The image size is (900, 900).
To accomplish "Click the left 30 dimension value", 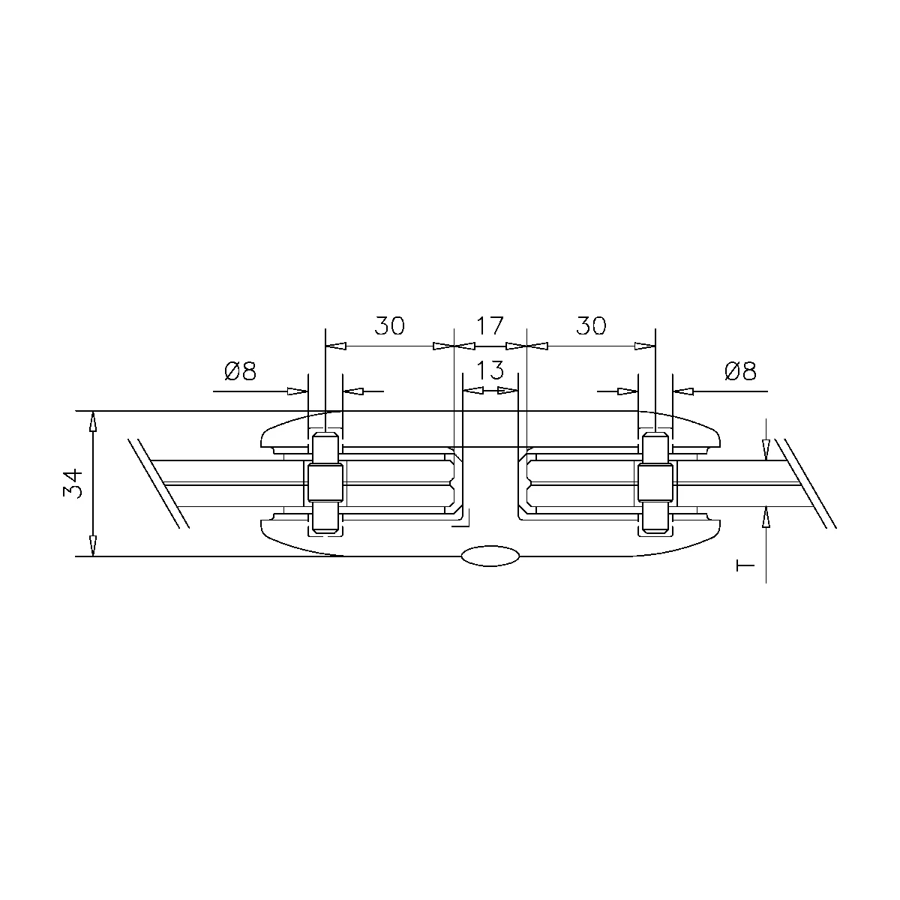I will [389, 325].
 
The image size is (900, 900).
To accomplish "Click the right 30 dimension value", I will [591, 325].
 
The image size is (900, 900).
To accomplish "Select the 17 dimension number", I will [490, 325].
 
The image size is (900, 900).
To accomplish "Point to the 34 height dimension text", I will [73, 484].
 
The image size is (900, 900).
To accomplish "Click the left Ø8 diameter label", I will [240, 370].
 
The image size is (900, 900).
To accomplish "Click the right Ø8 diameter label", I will [740, 370].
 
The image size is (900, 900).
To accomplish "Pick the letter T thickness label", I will [745, 564].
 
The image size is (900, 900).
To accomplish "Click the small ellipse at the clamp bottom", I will [490, 556].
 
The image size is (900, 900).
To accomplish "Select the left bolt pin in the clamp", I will [325, 484].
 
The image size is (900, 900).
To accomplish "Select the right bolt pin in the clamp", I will [655, 484].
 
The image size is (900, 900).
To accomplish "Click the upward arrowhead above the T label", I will [765, 517].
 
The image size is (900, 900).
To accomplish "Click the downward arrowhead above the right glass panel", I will [765, 450].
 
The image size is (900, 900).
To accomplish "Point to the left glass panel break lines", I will [157, 482].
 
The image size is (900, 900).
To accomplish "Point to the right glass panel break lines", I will [805, 482].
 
